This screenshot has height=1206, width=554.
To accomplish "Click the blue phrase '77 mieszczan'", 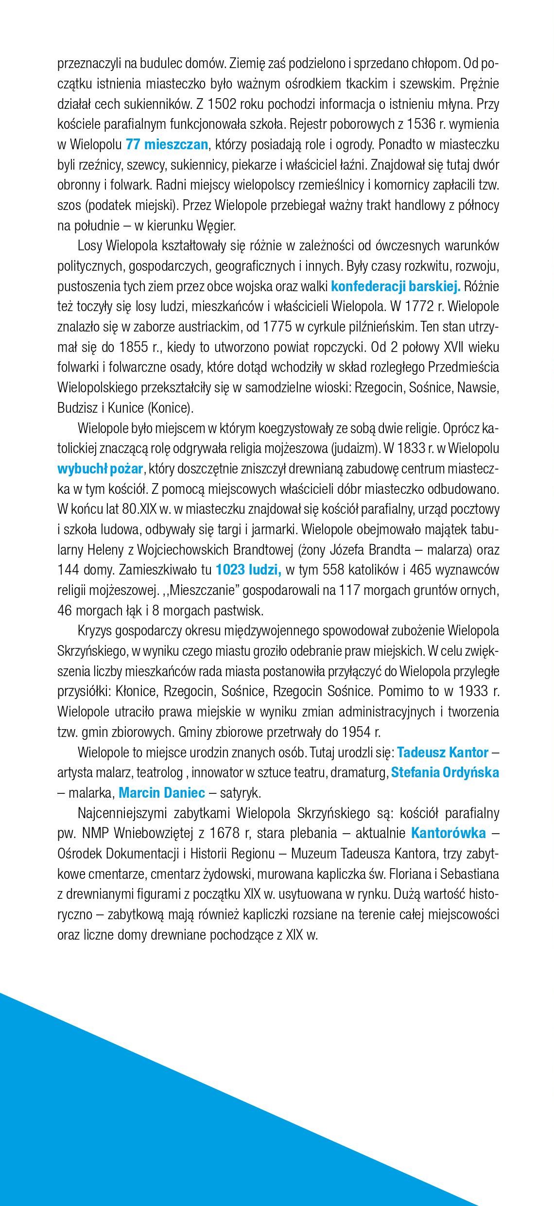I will click(167, 144).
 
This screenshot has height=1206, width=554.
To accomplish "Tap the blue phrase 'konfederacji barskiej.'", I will click(396, 286).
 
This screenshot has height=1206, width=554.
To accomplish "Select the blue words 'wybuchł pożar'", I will click(100, 469).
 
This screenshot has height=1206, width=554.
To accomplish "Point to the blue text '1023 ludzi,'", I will click(248, 569).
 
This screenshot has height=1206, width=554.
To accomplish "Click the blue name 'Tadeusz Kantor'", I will click(443, 752).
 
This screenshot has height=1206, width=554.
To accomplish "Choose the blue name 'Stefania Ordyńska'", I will click(445, 772).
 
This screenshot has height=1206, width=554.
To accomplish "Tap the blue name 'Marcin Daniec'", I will click(162, 793).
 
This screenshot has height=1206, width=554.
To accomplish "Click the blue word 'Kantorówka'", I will click(449, 833).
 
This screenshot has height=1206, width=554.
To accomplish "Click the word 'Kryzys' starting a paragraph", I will click(96, 631).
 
